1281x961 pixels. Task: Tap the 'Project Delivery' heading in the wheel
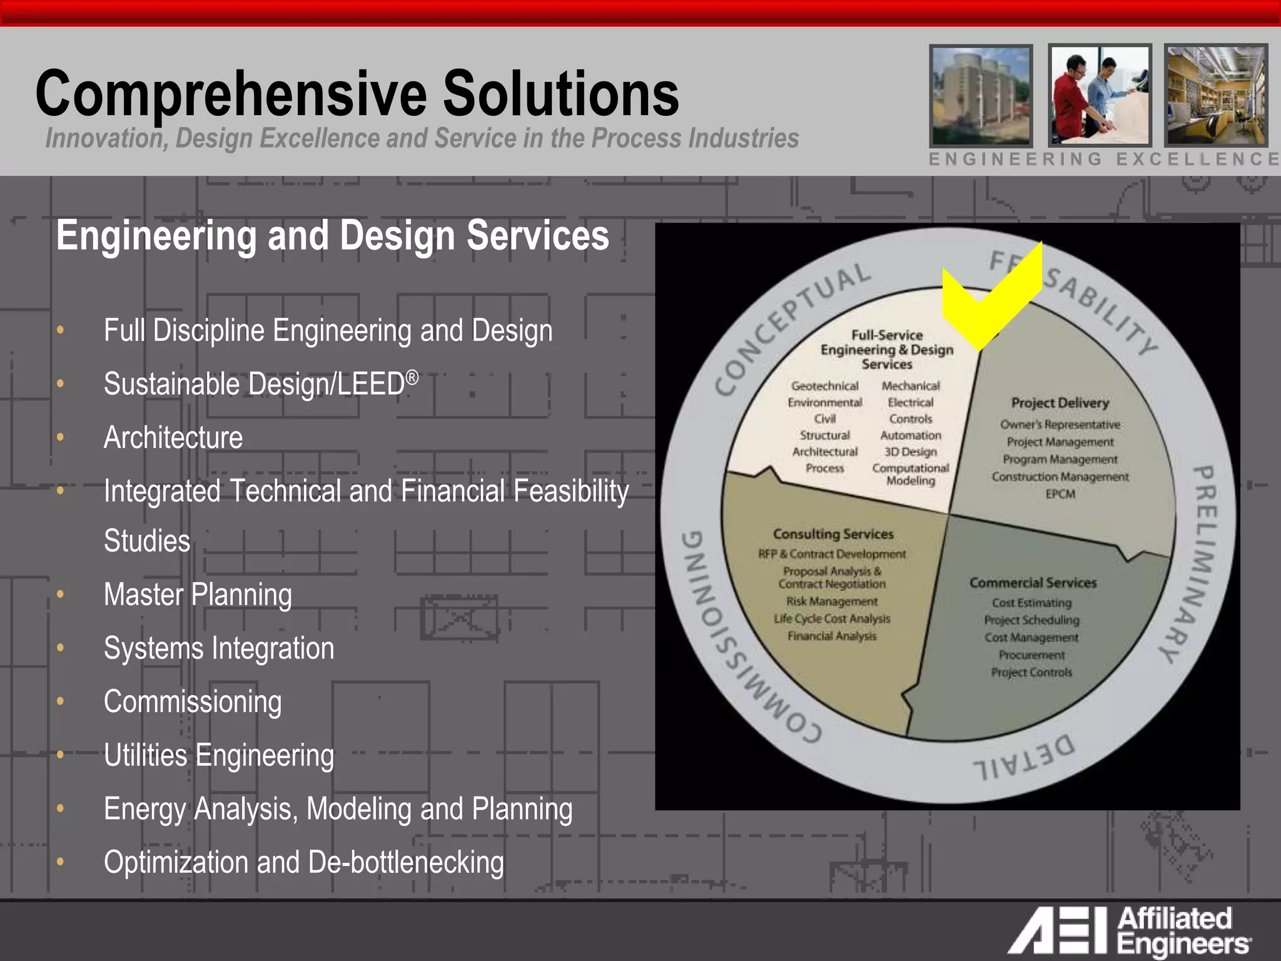(x=1060, y=403)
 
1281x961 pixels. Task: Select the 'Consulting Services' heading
(x=833, y=534)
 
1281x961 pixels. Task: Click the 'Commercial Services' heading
(x=1033, y=582)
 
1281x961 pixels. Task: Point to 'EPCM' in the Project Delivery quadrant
(x=1060, y=494)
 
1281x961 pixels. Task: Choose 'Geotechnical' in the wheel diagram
(x=824, y=386)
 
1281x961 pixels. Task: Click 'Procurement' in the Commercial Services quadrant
(x=1031, y=655)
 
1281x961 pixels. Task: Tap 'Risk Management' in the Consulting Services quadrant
(x=832, y=601)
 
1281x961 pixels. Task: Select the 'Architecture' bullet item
(x=173, y=437)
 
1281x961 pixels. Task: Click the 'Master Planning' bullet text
(x=198, y=594)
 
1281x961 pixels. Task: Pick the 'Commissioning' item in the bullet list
(x=193, y=701)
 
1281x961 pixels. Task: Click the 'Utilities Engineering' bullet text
(x=219, y=755)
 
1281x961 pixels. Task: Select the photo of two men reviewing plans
(x=1099, y=95)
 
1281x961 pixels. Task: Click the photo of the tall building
(x=981, y=95)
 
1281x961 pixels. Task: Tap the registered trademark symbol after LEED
(x=412, y=377)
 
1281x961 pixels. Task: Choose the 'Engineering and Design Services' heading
(x=332, y=235)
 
